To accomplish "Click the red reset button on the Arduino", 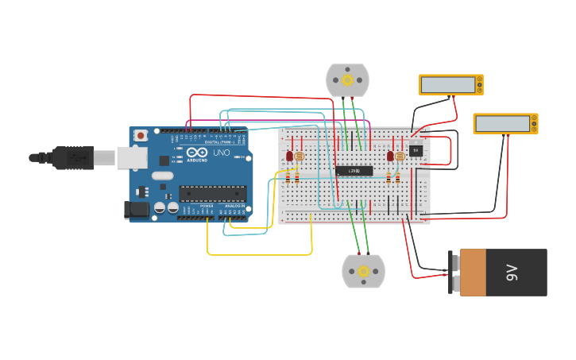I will [141, 136].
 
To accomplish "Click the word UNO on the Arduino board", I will [222, 153].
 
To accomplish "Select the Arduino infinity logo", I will [198, 153].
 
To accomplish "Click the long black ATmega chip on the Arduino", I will [212, 193].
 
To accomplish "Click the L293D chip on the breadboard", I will [354, 171].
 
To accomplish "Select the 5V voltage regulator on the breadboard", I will [416, 150].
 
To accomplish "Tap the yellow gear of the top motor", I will [347, 80].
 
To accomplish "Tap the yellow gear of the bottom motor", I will [363, 271].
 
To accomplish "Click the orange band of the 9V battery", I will [473, 273].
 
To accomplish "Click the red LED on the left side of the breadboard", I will [289, 157].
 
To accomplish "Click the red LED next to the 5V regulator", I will [390, 156].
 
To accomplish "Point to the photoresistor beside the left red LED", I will [299, 157].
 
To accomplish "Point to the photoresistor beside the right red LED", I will [400, 157].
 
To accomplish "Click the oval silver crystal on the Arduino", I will [162, 176].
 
